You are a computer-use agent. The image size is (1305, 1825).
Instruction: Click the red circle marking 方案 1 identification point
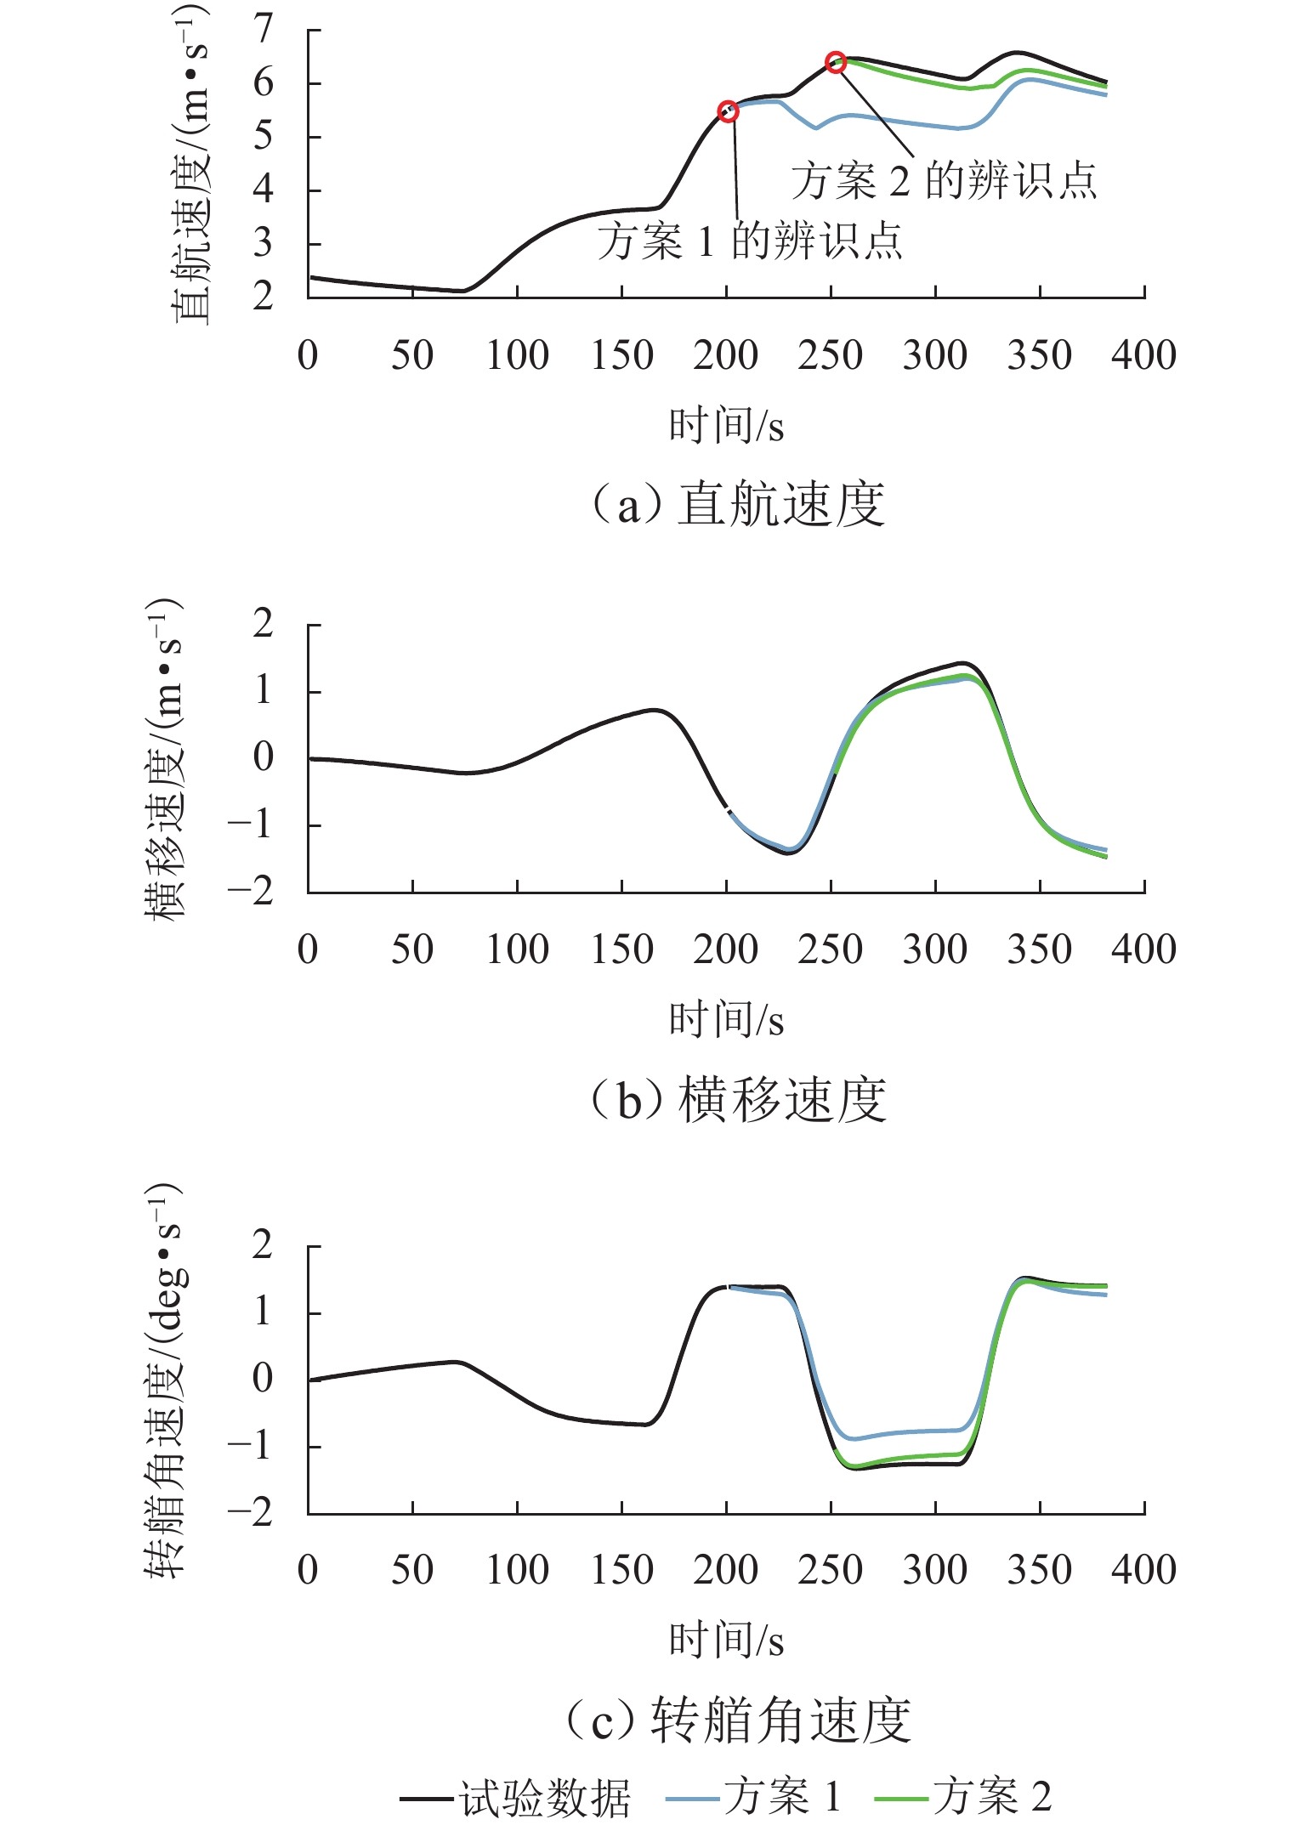click(x=728, y=111)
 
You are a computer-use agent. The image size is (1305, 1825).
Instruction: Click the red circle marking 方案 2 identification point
click(x=837, y=62)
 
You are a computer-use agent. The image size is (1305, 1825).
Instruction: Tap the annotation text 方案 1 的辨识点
click(x=749, y=241)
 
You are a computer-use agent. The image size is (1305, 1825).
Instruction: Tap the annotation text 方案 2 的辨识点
click(x=944, y=181)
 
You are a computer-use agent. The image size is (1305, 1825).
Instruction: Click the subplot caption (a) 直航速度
click(x=737, y=504)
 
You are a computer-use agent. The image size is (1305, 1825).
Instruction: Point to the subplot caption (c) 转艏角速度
click(x=737, y=1720)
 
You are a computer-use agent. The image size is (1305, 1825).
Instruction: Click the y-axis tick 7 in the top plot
click(x=264, y=31)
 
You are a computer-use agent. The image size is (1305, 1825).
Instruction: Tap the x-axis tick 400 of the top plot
click(x=1143, y=355)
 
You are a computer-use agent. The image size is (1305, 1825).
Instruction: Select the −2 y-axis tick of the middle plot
click(x=251, y=891)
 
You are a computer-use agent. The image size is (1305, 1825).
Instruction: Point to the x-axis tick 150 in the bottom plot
click(x=621, y=1570)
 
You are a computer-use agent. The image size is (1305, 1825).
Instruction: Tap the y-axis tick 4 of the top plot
click(x=264, y=190)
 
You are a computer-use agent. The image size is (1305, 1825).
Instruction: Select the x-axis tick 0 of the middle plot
click(x=308, y=949)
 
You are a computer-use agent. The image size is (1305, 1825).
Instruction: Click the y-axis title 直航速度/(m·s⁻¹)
click(x=190, y=163)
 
